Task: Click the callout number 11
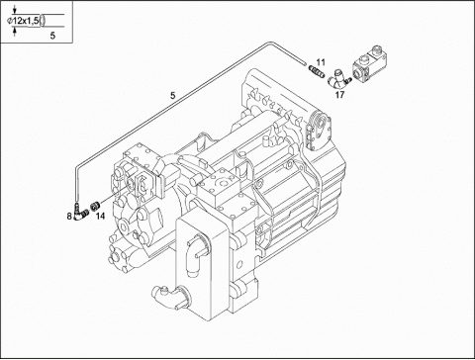point(321,62)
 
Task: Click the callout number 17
point(339,95)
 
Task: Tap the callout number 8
point(69,217)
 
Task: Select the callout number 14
point(101,217)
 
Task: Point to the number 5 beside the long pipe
point(173,96)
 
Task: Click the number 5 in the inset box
point(52,36)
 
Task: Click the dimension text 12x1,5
point(26,21)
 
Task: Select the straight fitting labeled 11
point(316,70)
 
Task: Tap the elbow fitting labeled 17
point(338,80)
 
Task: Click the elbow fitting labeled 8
point(79,214)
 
